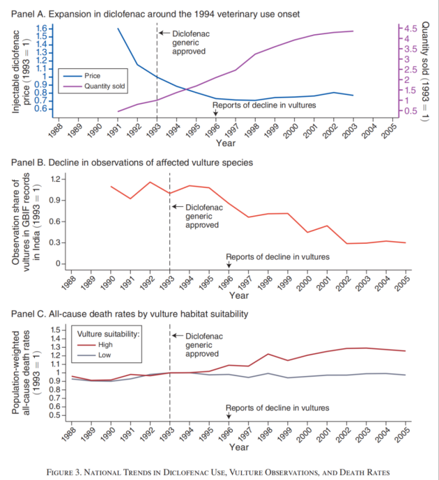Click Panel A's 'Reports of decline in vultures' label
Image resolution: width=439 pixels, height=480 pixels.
pos(264,105)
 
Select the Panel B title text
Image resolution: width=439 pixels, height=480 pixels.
pos(132,162)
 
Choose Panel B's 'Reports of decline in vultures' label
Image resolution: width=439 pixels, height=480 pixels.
pos(277,256)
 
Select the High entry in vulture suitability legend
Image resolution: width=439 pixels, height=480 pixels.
pos(105,343)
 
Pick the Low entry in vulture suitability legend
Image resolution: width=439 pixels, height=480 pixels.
pos(105,355)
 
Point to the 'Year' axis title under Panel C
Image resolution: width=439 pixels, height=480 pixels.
pos(239,447)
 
